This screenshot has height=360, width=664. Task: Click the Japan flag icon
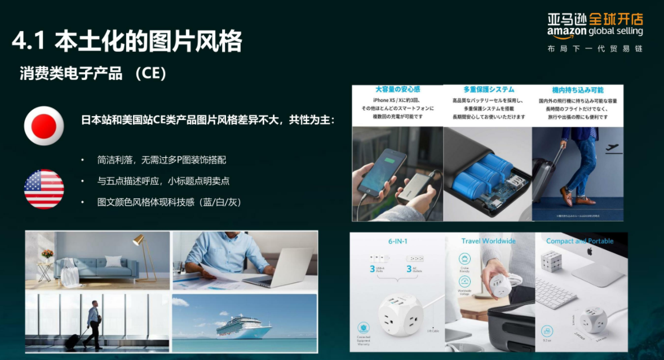tap(44, 126)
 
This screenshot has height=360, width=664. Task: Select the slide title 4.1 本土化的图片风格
tap(127, 41)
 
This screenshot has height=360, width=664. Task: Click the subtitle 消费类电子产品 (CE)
tap(93, 74)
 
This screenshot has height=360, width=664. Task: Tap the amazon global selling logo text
tap(595, 32)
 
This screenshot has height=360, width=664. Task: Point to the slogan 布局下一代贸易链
tap(595, 49)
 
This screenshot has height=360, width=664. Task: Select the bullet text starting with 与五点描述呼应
tap(163, 181)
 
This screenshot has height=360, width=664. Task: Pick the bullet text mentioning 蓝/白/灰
tap(169, 202)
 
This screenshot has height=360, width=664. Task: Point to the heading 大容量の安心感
tap(397, 90)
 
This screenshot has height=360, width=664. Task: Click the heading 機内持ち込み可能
tap(578, 90)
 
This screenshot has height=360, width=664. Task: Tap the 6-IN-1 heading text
tap(398, 241)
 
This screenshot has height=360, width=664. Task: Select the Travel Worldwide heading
tap(488, 241)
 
